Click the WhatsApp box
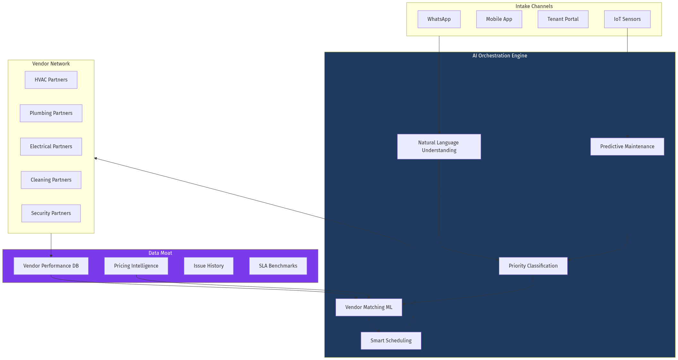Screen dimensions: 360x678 tap(439, 19)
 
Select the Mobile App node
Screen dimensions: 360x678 tap(499, 19)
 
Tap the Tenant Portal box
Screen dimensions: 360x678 tap(563, 19)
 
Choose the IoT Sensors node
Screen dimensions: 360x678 tap(627, 19)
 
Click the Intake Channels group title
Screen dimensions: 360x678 tap(534, 6)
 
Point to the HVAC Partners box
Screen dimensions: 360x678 tap(51, 80)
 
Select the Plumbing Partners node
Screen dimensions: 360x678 tap(51, 113)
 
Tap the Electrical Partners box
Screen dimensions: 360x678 tap(51, 147)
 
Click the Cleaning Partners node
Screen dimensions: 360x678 tap(51, 180)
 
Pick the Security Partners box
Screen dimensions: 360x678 tap(51, 213)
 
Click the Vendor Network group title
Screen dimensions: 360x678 tap(51, 64)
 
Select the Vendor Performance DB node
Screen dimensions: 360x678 tap(51, 266)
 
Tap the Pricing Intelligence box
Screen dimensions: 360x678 tap(136, 266)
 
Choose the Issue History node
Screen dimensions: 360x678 tap(209, 266)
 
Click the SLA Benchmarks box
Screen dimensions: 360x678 tap(278, 266)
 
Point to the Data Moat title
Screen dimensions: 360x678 tap(160, 253)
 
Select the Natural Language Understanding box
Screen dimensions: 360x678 tap(439, 147)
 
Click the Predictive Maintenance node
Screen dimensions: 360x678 tap(627, 147)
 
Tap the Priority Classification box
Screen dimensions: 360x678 tap(533, 266)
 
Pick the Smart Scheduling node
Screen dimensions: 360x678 tap(391, 341)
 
